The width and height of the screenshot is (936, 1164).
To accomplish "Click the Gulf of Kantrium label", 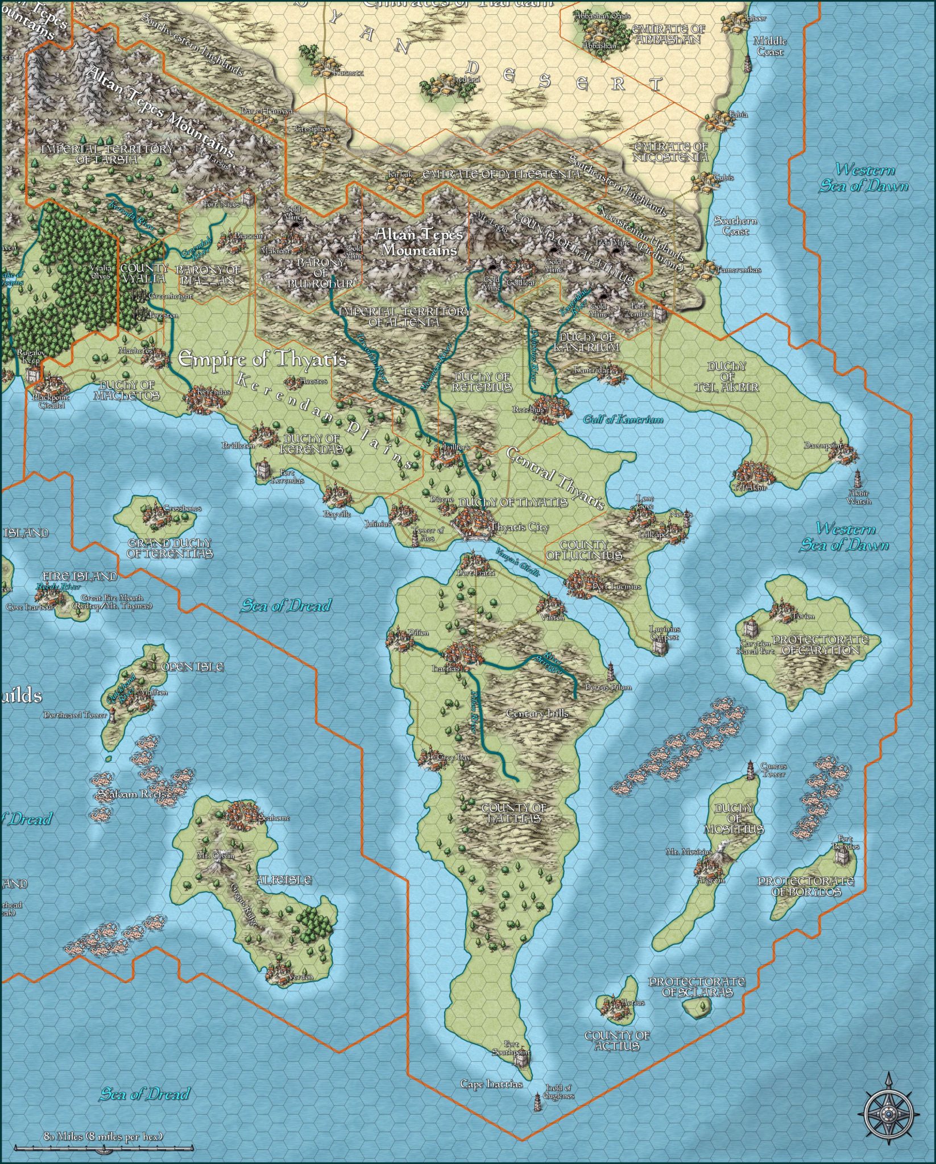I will (623, 419).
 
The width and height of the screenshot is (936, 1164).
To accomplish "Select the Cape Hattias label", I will (491, 1084).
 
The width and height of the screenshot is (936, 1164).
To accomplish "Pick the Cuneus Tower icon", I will (751, 770).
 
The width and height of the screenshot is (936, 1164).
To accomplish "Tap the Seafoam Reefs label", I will (133, 794).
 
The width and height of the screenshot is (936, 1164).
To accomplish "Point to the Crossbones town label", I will (182, 509).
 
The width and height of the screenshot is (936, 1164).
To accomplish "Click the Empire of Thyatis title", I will (263, 359).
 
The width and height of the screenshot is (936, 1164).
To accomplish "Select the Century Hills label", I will (537, 713).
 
